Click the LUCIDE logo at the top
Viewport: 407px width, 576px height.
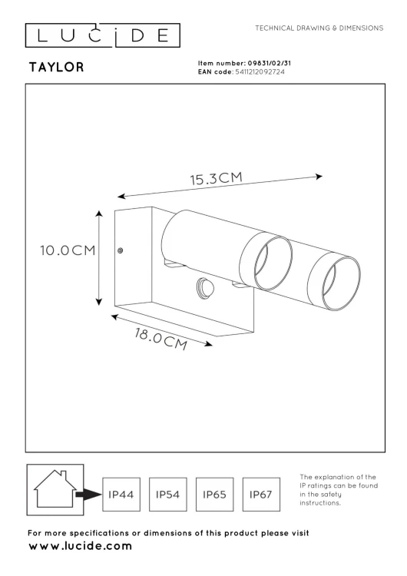coord(101,35)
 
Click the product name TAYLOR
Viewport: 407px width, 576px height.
coord(55,68)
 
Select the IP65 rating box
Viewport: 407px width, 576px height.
coord(216,495)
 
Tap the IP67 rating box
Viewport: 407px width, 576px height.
coord(262,495)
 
